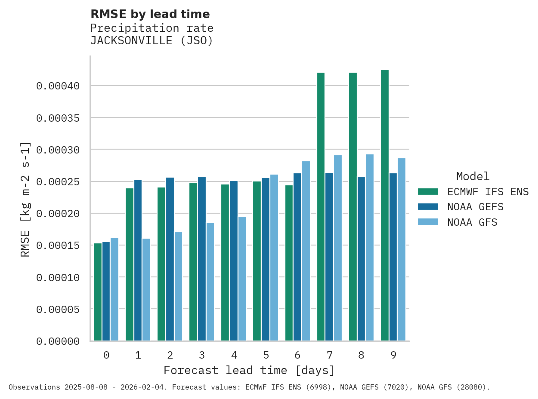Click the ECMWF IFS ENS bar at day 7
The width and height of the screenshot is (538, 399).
(x=321, y=206)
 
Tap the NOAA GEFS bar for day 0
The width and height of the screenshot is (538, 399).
(x=106, y=291)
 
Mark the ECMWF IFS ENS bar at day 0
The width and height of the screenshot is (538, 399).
(x=98, y=292)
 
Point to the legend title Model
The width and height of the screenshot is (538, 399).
(x=473, y=176)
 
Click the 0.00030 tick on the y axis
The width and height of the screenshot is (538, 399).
(x=58, y=150)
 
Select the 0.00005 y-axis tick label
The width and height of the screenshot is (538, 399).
(x=58, y=309)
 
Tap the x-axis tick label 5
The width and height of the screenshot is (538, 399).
(x=266, y=355)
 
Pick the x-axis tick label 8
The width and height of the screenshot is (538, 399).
(x=361, y=355)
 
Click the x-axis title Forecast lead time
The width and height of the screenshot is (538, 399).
(x=249, y=370)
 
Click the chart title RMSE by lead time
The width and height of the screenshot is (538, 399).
(x=150, y=14)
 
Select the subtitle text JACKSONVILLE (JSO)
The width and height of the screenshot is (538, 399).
(x=152, y=41)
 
